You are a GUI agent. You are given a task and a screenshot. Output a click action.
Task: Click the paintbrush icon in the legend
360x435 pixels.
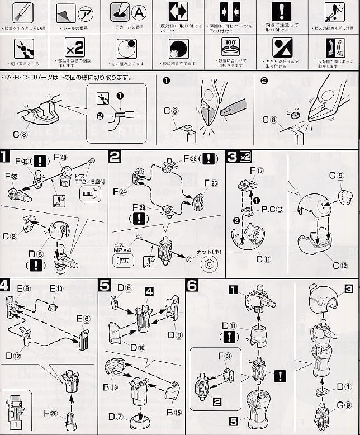click(x=23, y=12)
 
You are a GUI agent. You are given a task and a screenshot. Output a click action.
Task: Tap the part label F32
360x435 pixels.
click(x=12, y=176)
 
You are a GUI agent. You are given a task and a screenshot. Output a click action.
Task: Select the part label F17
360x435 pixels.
click(x=255, y=170)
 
